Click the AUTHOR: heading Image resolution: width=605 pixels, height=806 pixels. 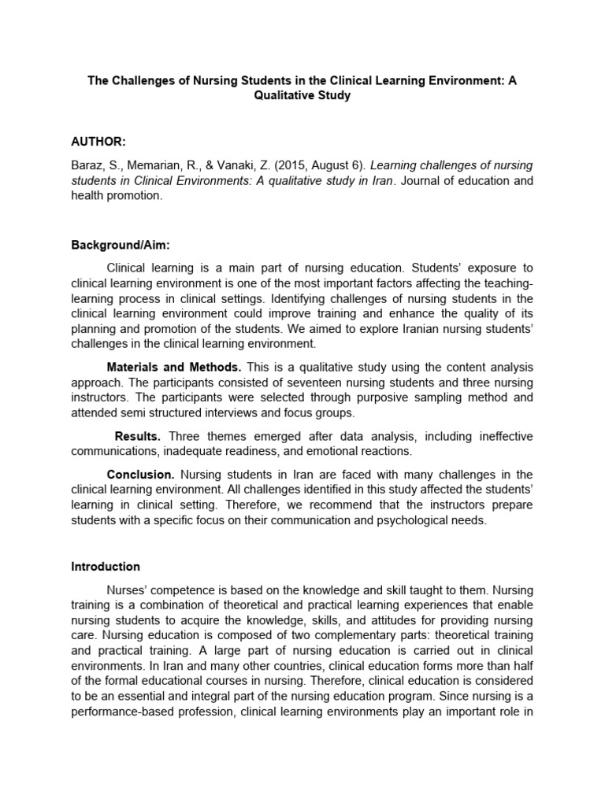coord(98,141)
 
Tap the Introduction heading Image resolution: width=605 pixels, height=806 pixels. coord(106,566)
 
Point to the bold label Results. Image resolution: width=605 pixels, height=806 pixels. coord(138,436)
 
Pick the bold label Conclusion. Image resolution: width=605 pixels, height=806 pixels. coord(140,474)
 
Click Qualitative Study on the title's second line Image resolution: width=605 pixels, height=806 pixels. coord(302,95)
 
